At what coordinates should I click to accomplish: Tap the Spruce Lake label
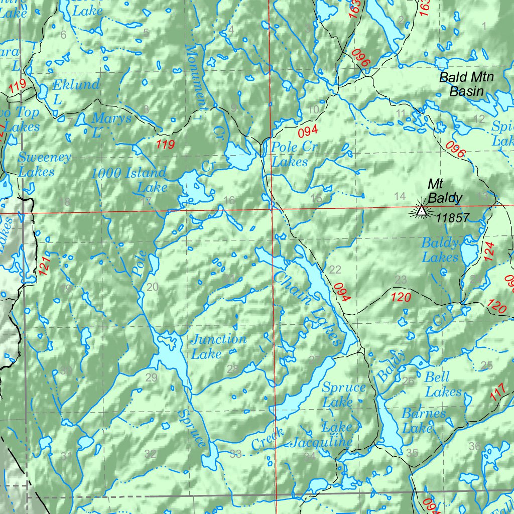344,395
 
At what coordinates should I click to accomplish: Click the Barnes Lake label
423,421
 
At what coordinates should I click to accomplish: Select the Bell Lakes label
443,384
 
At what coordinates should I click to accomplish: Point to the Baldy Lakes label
440,250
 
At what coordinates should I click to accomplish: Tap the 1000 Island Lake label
129,180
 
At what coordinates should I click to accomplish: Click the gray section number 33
235,455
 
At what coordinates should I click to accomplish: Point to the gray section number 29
152,378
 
